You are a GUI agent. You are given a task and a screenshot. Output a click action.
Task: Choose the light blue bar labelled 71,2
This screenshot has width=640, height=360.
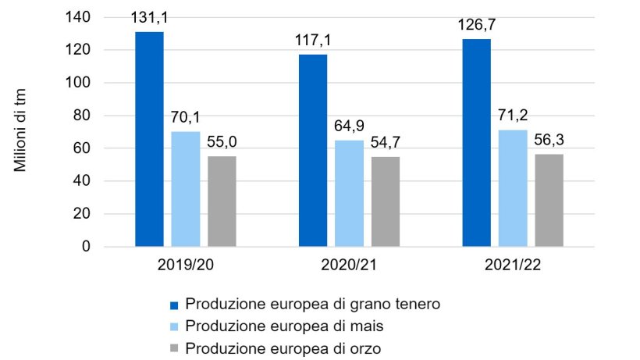512,188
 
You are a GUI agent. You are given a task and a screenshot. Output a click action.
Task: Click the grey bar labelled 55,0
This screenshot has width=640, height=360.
222,201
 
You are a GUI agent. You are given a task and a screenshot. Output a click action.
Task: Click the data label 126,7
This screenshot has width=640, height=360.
477,26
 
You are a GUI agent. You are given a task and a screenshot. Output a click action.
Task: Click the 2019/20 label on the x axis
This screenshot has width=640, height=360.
185,266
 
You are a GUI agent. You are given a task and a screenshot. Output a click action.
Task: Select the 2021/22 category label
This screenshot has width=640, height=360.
512,266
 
